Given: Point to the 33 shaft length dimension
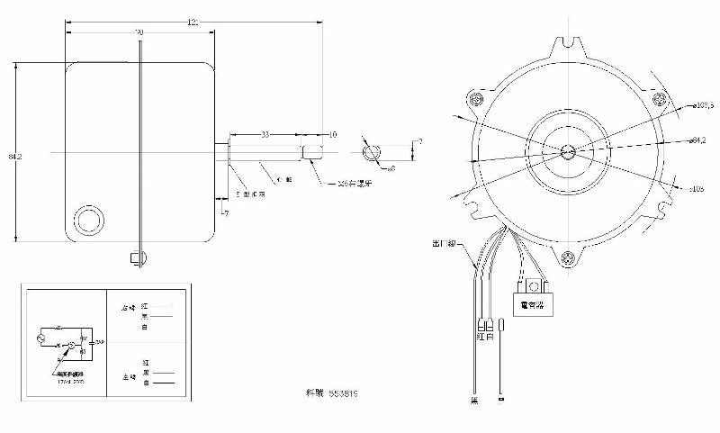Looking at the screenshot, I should [x=265, y=133].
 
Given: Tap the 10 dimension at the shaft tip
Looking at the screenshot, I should [x=332, y=134].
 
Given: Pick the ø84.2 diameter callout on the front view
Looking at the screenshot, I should [x=695, y=140].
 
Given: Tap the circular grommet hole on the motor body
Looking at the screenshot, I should [x=89, y=219].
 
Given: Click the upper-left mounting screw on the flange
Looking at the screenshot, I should [x=474, y=98].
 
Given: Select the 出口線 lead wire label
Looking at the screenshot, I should [x=446, y=244].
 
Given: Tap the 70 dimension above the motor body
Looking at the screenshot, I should [x=139, y=32].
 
